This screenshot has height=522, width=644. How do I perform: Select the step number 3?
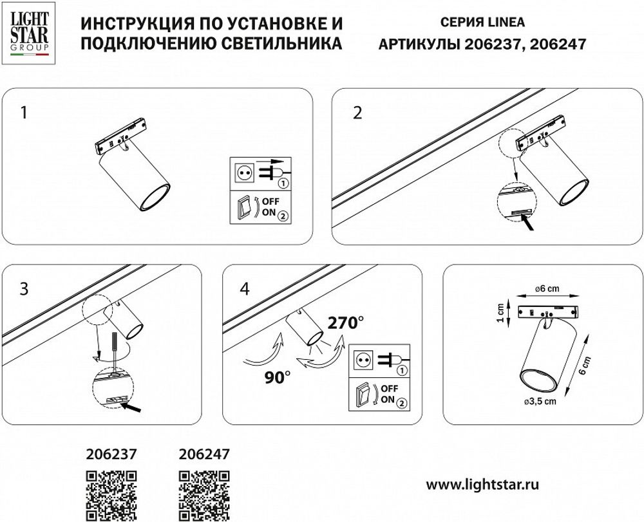pos(24,289)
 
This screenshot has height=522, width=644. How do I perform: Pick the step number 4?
pos(243,289)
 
